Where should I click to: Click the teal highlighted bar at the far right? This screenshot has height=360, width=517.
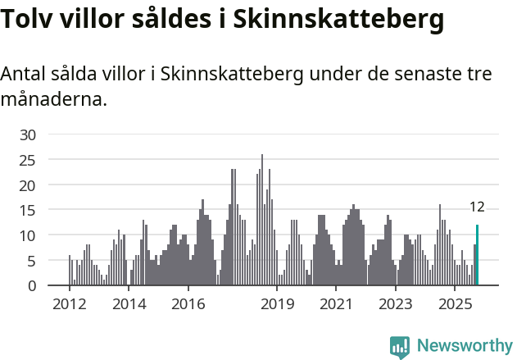477,255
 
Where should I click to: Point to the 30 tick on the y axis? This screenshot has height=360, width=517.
28,134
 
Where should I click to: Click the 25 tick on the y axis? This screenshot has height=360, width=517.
28,160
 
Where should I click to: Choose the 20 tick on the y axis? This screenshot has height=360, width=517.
28,185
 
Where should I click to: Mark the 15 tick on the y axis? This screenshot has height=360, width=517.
28,211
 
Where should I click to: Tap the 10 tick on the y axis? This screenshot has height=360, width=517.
28,235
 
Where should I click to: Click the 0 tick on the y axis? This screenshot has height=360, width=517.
32,286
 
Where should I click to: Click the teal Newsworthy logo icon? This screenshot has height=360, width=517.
400,346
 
